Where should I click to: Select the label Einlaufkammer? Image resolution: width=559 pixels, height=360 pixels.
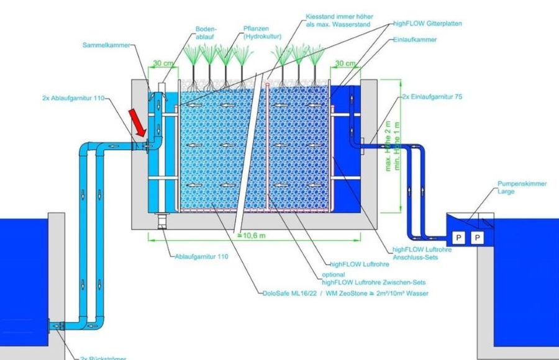tap(415, 39)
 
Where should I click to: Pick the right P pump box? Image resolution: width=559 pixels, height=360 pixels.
tap(477, 237)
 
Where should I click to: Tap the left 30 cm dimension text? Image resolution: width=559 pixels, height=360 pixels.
tap(163, 63)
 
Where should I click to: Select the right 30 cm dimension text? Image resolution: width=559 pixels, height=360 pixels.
tap(345, 63)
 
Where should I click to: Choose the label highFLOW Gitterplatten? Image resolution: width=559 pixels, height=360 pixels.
tap(428, 24)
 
